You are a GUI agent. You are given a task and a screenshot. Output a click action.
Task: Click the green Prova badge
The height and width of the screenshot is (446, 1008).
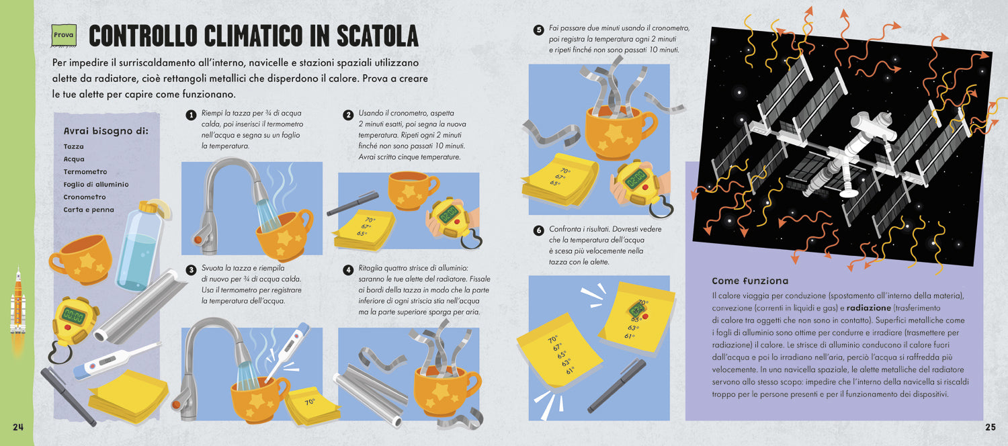pos(64,35)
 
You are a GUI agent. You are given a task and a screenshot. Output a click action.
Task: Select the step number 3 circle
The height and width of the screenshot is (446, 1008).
pos(192,270)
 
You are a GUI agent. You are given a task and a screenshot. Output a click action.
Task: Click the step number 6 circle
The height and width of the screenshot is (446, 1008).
pos(539,230)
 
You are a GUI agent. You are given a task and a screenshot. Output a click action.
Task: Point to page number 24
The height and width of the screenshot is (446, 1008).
pos(18,427)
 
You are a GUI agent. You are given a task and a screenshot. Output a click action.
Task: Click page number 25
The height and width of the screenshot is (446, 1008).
pos(991,427)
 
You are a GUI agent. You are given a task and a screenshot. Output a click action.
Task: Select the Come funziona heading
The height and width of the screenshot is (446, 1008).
pos(750,281)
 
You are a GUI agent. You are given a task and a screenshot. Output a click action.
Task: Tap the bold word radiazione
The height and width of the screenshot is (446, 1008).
pos(868,308)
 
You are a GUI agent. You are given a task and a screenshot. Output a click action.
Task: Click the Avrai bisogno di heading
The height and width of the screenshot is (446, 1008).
pos(106,131)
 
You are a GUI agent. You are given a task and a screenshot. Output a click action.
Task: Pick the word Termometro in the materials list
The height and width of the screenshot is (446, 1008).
pos(85,172)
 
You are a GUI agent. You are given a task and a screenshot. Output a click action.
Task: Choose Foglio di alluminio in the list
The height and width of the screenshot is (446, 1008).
pos(96,184)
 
